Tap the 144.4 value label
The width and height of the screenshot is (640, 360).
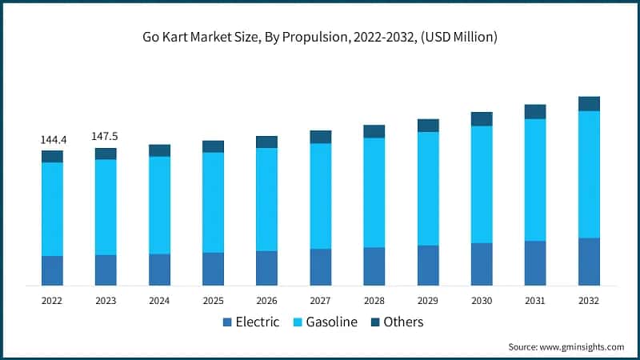[x=53, y=140]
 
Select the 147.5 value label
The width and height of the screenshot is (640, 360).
[x=106, y=137]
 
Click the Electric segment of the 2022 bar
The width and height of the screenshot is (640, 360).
[x=53, y=270]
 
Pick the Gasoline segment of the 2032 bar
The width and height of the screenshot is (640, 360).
[x=589, y=174]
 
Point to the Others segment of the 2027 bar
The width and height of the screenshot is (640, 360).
[x=321, y=137]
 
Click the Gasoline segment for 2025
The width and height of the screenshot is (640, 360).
[x=214, y=202]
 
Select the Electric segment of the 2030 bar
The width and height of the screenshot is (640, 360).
[x=482, y=264]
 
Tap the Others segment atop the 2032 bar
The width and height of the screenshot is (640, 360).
[x=589, y=103]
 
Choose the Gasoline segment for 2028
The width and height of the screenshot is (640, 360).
[x=374, y=193]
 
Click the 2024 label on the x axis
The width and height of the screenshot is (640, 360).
[x=159, y=301]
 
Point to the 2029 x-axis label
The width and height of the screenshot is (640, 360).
[x=428, y=301]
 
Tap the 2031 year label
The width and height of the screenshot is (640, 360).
[x=535, y=301]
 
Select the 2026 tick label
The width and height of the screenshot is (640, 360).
[x=266, y=301]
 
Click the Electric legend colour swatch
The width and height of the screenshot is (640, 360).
[x=226, y=322]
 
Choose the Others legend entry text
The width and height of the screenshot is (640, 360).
[x=404, y=322]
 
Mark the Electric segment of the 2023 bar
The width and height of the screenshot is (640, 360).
[x=106, y=270]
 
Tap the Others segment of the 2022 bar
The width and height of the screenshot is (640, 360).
[x=53, y=156]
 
